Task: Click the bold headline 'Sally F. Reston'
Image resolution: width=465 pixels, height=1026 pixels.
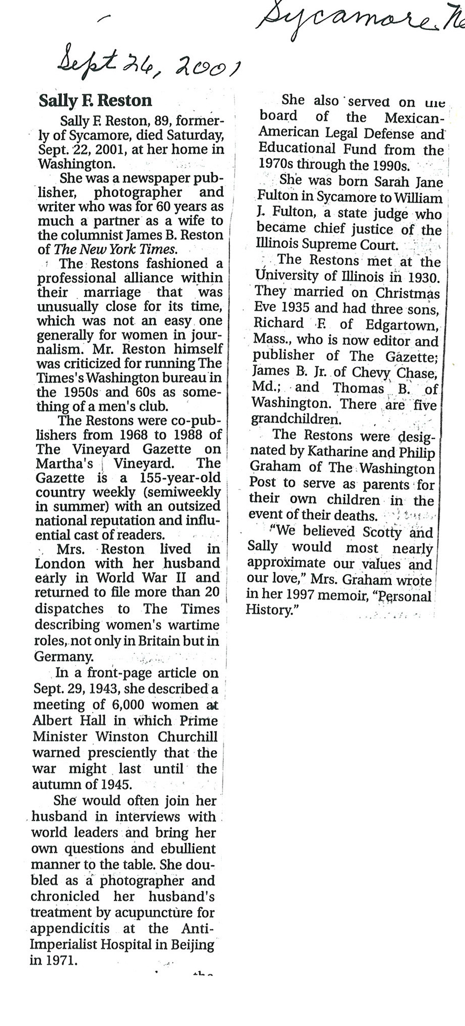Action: pos(95,101)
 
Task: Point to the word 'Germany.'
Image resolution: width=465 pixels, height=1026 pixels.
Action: pos(63,656)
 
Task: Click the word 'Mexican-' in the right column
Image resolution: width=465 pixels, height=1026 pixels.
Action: pos(414,118)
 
